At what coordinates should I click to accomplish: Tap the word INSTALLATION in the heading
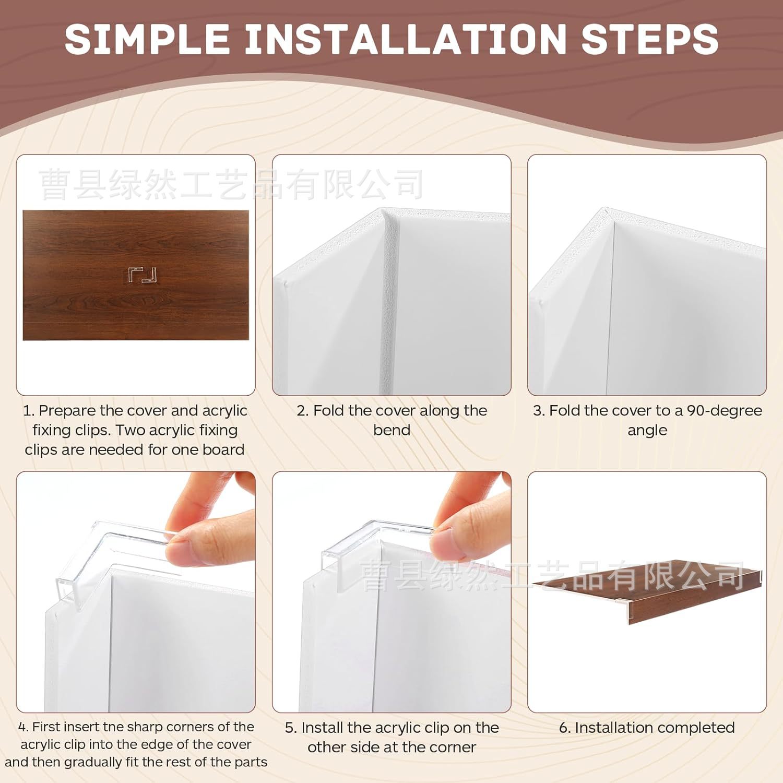(x=405, y=39)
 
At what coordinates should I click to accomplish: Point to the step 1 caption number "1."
(x=29, y=411)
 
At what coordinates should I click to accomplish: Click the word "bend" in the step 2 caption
(x=391, y=430)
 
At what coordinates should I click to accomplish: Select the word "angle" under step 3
(x=647, y=430)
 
